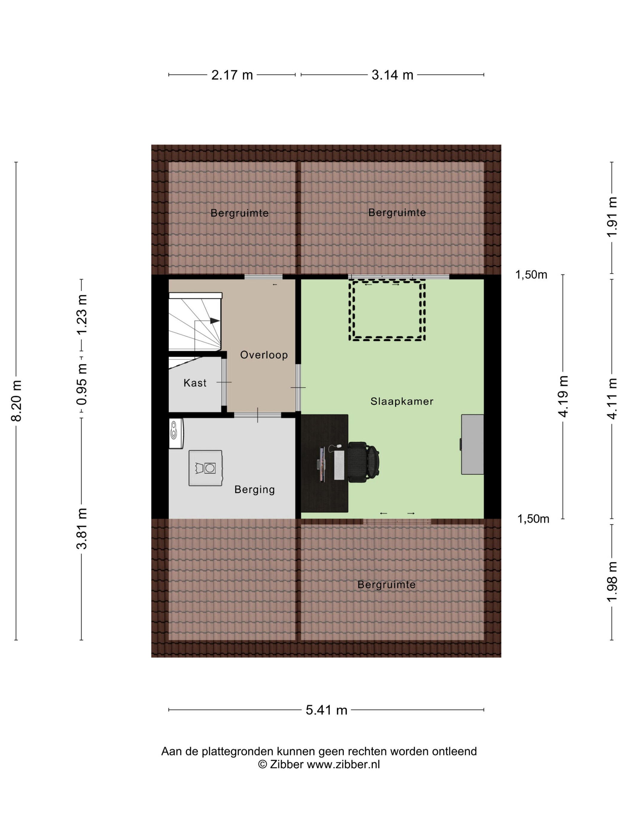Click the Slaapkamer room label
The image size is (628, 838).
pyautogui.click(x=402, y=401)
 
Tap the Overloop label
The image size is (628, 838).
pyautogui.click(x=264, y=355)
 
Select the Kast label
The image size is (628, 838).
pyautogui.click(x=195, y=383)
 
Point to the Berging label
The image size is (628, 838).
pyautogui.click(x=254, y=490)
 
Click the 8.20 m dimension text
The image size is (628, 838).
pyautogui.click(x=17, y=400)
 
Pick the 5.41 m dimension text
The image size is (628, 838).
pyautogui.click(x=326, y=710)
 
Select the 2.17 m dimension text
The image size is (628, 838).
pyautogui.click(x=232, y=75)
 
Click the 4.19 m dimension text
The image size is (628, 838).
pyautogui.click(x=564, y=396)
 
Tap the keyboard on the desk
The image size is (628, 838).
pyautogui.click(x=339, y=465)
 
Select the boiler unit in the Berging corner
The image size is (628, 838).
pyautogui.click(x=176, y=433)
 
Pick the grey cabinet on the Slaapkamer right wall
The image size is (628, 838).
pyautogui.click(x=472, y=444)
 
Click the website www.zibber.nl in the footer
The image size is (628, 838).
pyautogui.click(x=343, y=764)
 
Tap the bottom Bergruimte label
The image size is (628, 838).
pyautogui.click(x=386, y=585)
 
